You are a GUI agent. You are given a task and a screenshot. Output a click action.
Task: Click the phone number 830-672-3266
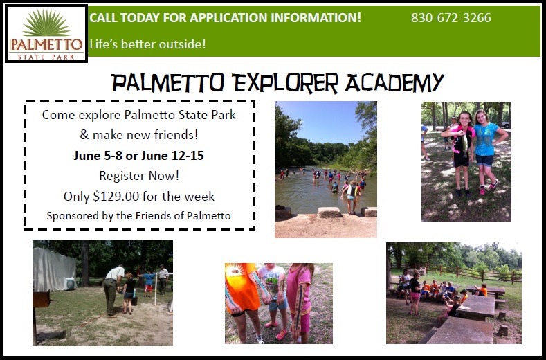point(451,18)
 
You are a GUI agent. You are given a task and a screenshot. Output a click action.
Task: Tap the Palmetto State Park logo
point(46,34)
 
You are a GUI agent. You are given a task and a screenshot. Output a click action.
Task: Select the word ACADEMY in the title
point(394,83)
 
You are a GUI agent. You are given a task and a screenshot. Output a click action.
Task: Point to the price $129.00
point(116,197)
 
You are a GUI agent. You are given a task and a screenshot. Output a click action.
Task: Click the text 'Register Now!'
point(139,176)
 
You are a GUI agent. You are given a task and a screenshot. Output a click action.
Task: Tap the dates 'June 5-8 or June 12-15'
point(138,156)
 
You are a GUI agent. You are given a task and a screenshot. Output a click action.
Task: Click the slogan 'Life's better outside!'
point(147,44)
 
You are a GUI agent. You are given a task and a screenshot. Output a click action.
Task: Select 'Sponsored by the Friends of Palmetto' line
point(138,216)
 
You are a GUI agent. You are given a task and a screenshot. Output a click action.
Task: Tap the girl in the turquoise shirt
point(486,150)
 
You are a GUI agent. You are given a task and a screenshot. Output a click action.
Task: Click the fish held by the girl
point(464,145)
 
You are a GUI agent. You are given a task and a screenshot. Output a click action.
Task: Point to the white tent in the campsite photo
point(54,269)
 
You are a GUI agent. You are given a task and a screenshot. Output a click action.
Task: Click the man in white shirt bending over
point(112,289)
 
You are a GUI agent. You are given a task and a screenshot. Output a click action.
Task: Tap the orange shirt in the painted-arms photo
point(242,287)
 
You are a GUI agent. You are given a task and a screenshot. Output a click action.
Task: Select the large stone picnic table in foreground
point(462,331)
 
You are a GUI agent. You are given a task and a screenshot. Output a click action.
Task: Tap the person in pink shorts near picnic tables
point(415,293)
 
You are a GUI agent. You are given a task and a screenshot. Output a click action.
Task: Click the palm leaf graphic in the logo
point(46,23)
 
